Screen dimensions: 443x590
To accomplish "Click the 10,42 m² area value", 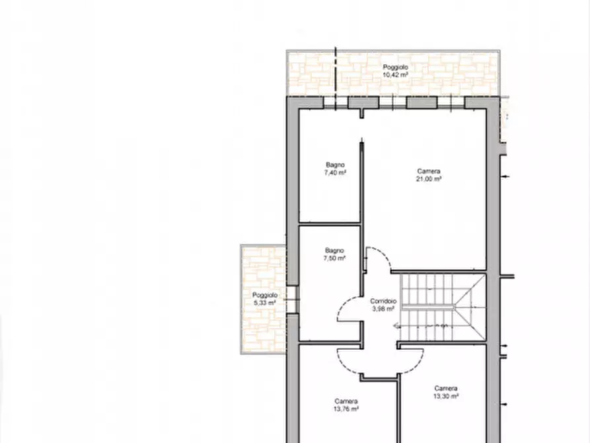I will (395, 75).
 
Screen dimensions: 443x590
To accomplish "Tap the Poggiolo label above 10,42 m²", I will (395, 67).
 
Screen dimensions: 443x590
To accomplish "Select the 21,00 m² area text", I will (428, 179).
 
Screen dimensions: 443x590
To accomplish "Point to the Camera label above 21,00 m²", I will (428, 171).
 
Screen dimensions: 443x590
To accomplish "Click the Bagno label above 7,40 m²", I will (335, 165).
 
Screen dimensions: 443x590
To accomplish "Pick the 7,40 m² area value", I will (335, 173).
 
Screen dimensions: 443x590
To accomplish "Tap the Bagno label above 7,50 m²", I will (334, 250).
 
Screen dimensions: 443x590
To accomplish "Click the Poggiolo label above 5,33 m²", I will (264, 295).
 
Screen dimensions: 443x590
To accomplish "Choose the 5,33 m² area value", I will (264, 303).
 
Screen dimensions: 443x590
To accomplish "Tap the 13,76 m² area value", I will (346, 409).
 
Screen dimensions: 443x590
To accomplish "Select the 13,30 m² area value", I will (446, 396).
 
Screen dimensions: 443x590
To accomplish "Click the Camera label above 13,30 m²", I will (446, 388).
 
